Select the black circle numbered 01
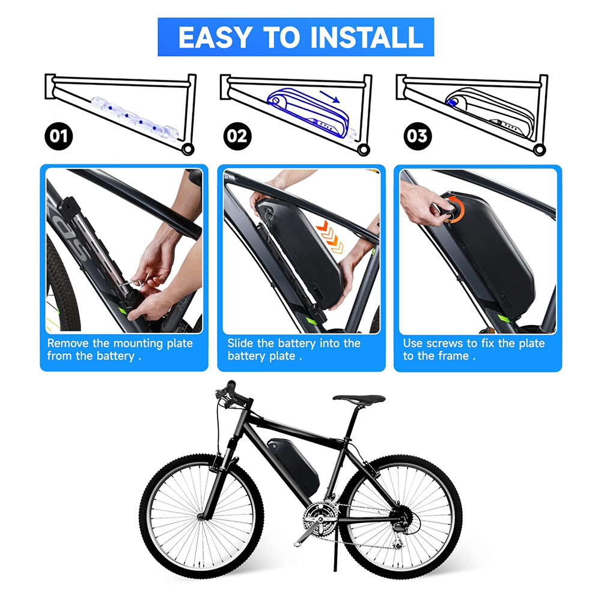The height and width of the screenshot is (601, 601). (x=58, y=136)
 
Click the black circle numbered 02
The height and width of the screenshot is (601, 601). (x=237, y=136)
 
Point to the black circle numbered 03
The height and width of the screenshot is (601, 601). (x=416, y=136)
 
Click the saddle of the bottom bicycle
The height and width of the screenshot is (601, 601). (x=359, y=398)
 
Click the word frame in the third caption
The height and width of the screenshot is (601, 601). (x=452, y=356)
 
